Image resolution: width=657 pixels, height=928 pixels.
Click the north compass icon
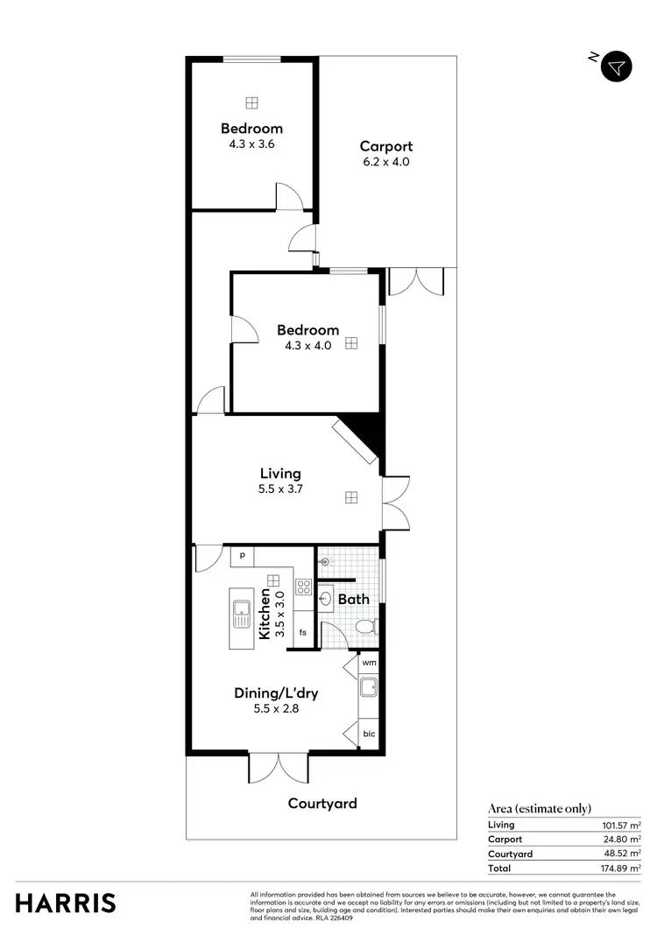[x=618, y=67]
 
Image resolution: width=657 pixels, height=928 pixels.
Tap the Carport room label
[x=385, y=146]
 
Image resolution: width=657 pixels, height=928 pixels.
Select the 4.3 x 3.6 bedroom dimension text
[x=251, y=144]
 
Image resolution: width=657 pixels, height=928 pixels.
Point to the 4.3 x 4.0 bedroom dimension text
[x=308, y=346]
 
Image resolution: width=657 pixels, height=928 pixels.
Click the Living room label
[x=279, y=474]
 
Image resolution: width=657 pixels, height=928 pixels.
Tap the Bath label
[x=354, y=600]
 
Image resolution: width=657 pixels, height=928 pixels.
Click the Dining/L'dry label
[x=276, y=693]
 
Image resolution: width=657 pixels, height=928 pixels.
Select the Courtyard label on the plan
[x=323, y=803]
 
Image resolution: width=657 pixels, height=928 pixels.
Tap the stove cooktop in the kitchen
[x=304, y=587]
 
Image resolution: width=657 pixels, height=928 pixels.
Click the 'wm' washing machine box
[x=369, y=664]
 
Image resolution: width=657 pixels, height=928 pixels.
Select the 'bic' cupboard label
[x=369, y=734]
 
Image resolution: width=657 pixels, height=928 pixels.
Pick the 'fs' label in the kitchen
[x=303, y=632]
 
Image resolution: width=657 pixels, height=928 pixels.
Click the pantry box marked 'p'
[x=242, y=556]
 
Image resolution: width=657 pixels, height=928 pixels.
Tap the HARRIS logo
[x=66, y=903]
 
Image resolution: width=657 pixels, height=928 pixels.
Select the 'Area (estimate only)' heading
[x=540, y=808]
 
